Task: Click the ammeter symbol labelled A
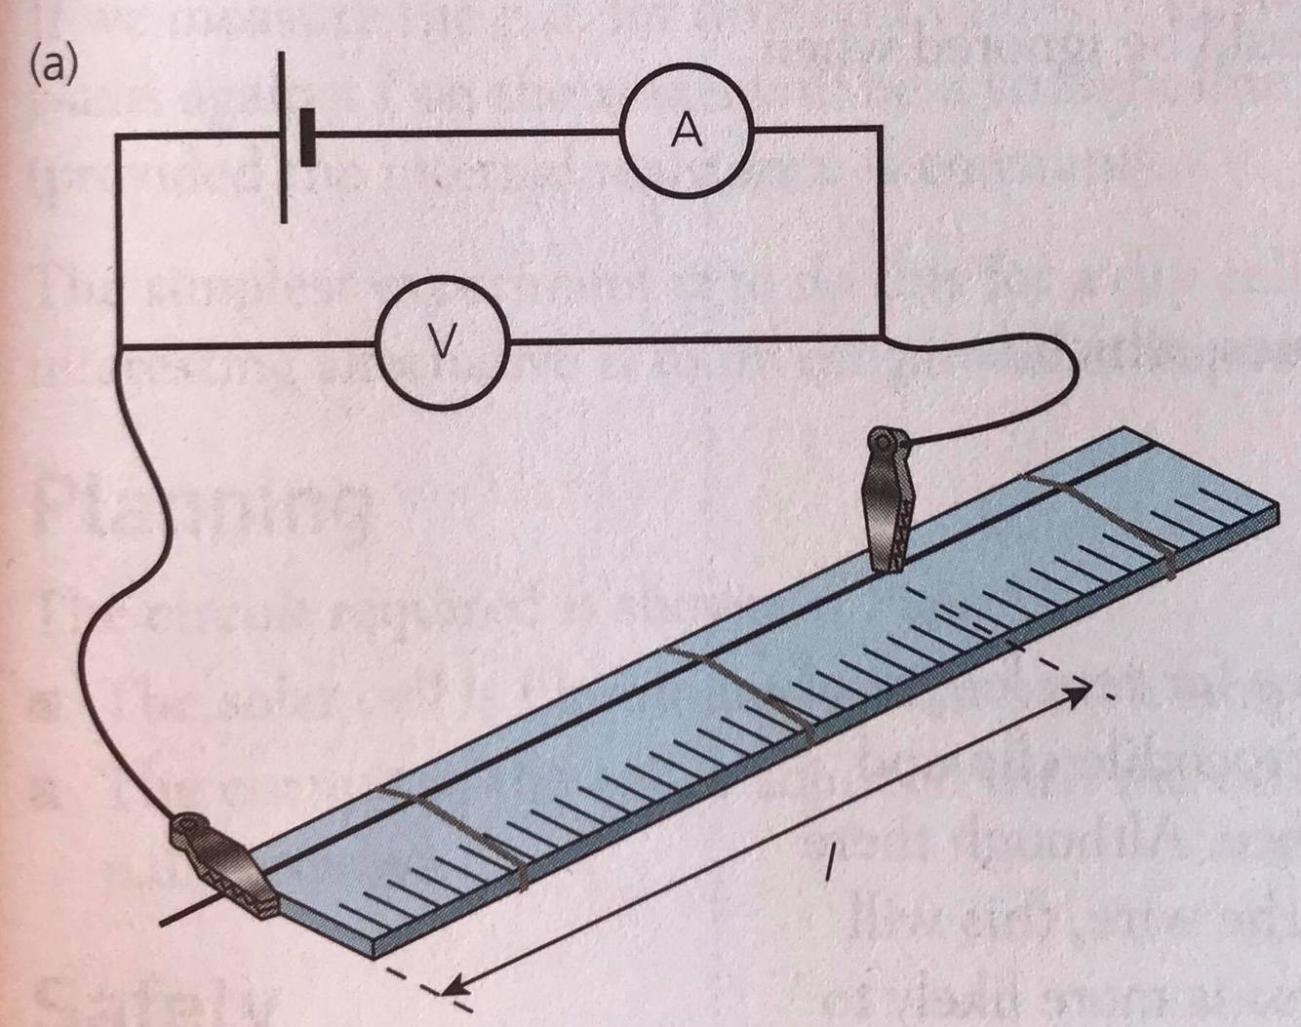(x=687, y=132)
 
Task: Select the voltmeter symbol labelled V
(x=443, y=341)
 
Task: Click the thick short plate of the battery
(x=308, y=138)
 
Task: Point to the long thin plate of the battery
(x=284, y=138)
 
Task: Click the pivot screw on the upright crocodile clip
(x=885, y=445)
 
